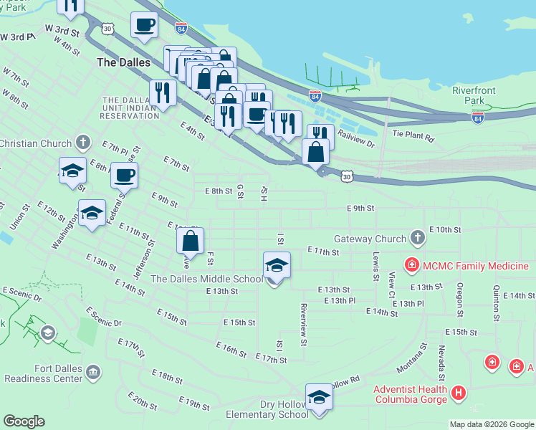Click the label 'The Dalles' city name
[124, 62]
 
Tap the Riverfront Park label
[469, 95]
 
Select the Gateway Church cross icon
[417, 238]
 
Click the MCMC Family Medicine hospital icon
[411, 266]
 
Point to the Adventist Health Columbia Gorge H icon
[459, 393]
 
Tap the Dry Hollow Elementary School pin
[319, 397]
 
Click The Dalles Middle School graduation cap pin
[277, 266]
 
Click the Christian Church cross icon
[83, 143]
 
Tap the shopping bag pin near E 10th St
[191, 241]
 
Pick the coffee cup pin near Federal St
[125, 176]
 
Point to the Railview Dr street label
[357, 138]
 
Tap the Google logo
[24, 421]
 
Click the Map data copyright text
[491, 424]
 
